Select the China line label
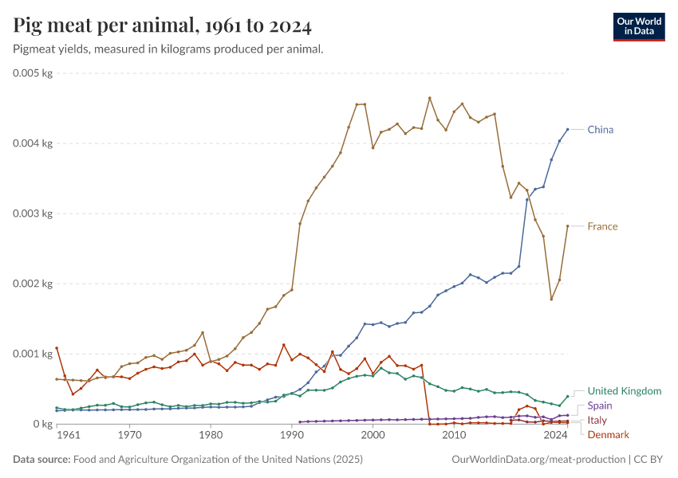[x=600, y=129]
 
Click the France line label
[x=602, y=226]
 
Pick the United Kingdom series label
[x=624, y=391]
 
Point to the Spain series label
[x=600, y=406]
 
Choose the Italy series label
[x=597, y=420]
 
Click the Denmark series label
[x=608, y=434]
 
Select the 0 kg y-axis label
[x=42, y=424]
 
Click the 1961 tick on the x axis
[x=69, y=437]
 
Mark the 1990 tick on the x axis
[x=292, y=437]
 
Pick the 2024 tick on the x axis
[x=555, y=437]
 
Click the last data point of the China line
[x=568, y=129]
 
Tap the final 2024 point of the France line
[x=568, y=226]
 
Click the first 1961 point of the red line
[x=57, y=348]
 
